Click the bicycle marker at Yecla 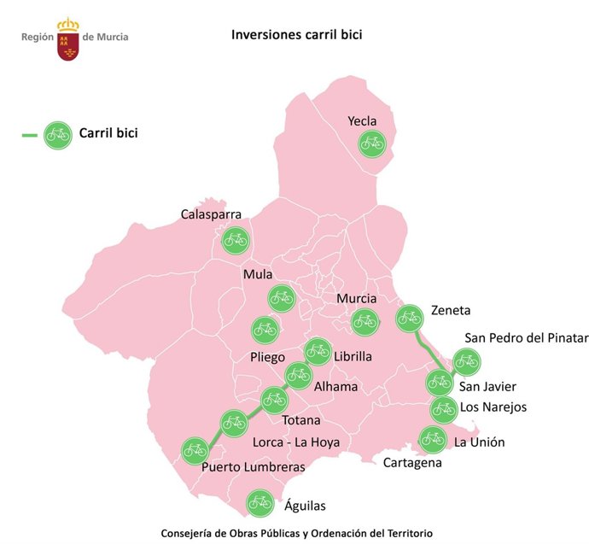(x=372, y=143)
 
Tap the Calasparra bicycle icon (x=235, y=241)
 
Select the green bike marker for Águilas (x=260, y=504)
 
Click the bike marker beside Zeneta (x=410, y=319)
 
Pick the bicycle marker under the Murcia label (x=364, y=321)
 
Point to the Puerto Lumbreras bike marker (x=195, y=450)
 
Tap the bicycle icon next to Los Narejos (x=443, y=410)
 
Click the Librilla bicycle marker (x=318, y=350)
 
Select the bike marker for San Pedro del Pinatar (x=466, y=362)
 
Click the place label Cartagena (x=412, y=463)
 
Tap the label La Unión (x=480, y=442)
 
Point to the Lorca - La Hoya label (x=296, y=442)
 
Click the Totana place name (x=301, y=420)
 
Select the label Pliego (x=267, y=357)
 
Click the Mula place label (x=257, y=274)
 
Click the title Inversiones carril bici (x=291, y=36)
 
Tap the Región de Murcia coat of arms (x=68, y=38)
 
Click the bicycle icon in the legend (x=58, y=134)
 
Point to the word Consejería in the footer (x=181, y=533)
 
